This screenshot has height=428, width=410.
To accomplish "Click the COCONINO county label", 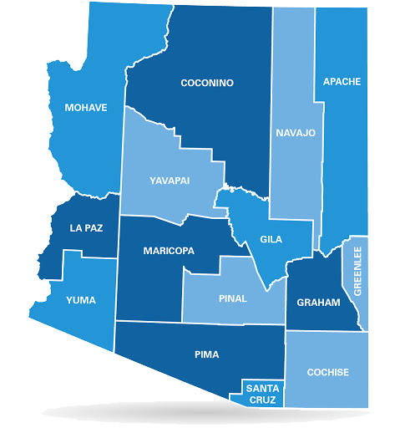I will pyautogui.click(x=207, y=83).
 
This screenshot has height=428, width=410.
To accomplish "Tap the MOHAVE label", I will pyautogui.click(x=86, y=107).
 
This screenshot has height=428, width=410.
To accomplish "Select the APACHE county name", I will pyautogui.click(x=342, y=81).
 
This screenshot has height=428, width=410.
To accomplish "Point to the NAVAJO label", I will pyautogui.click(x=296, y=133).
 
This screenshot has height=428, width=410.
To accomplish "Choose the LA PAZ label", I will pyautogui.click(x=87, y=227).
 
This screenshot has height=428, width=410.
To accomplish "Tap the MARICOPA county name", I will pyautogui.click(x=169, y=251).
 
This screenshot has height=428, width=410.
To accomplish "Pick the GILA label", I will pyautogui.click(x=271, y=239).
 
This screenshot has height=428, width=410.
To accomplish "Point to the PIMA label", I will pyautogui.click(x=205, y=354).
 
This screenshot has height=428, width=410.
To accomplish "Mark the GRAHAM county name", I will pyautogui.click(x=320, y=303).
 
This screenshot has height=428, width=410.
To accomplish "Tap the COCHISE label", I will pyautogui.click(x=327, y=372).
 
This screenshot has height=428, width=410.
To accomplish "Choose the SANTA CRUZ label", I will pyautogui.click(x=262, y=393).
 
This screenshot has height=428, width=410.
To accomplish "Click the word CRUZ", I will pyautogui.click(x=262, y=399).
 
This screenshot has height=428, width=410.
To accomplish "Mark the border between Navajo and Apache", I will pyautogui.click(x=320, y=150).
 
